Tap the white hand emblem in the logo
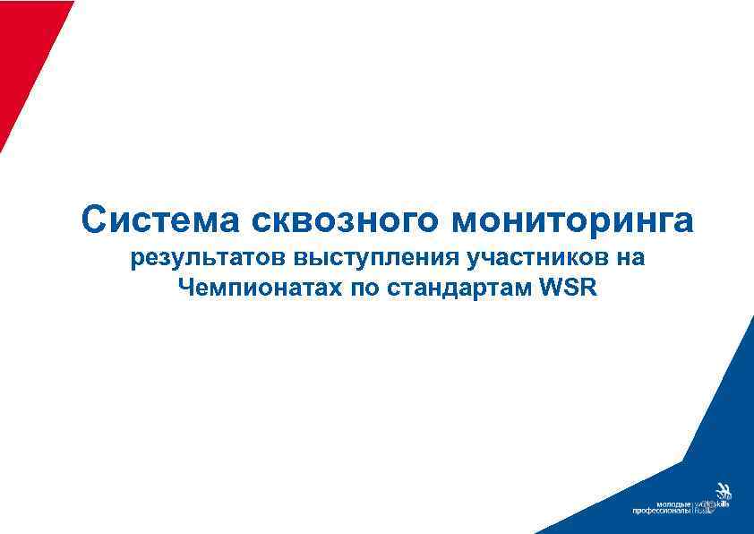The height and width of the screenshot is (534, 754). [x=721, y=492]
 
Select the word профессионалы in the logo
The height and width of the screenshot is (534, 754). [x=662, y=512]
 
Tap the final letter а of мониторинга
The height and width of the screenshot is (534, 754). [x=684, y=220]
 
